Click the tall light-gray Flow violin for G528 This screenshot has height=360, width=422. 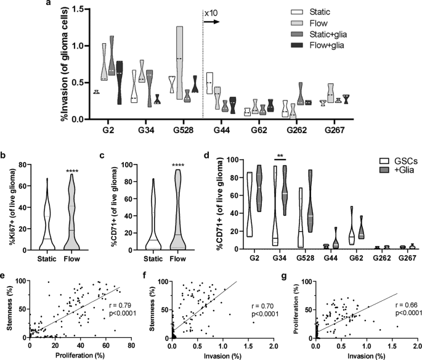(x=179, y=62)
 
